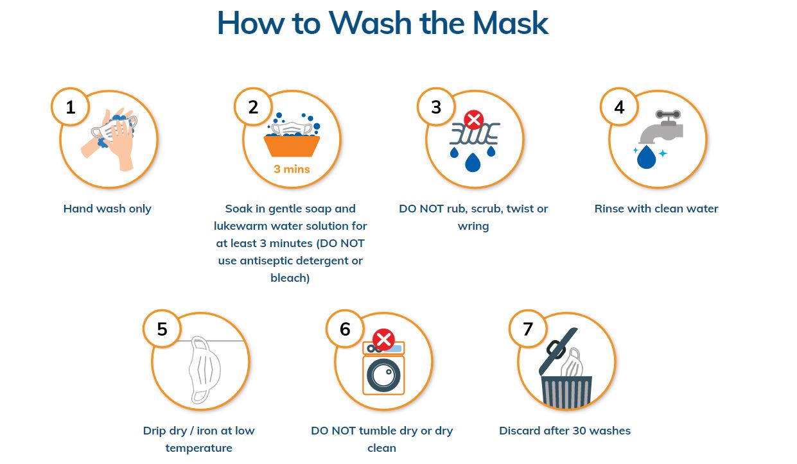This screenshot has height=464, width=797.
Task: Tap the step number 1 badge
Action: (x=70, y=107)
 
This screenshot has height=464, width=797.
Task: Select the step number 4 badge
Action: (x=619, y=107)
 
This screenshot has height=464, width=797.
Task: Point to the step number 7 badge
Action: (x=528, y=329)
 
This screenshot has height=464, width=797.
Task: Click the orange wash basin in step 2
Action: (x=292, y=146)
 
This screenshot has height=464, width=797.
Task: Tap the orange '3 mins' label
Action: (x=292, y=169)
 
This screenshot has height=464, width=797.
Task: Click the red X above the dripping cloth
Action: (x=473, y=120)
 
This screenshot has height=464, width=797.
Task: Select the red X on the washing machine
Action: (x=383, y=339)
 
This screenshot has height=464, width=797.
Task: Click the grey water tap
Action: (x=662, y=126)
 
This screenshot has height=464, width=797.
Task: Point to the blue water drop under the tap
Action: (x=647, y=157)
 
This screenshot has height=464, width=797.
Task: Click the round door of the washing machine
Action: (x=383, y=375)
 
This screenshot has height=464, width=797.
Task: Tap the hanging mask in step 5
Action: (x=204, y=370)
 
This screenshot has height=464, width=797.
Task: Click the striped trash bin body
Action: (x=566, y=392)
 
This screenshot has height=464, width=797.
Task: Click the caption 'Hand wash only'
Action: (x=107, y=209)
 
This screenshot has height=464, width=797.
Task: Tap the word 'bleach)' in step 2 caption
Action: (x=290, y=278)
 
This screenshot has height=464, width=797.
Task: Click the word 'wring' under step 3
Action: (x=473, y=227)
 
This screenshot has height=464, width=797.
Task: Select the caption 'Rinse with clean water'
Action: (x=656, y=209)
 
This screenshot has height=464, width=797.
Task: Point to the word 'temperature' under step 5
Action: (x=198, y=449)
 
